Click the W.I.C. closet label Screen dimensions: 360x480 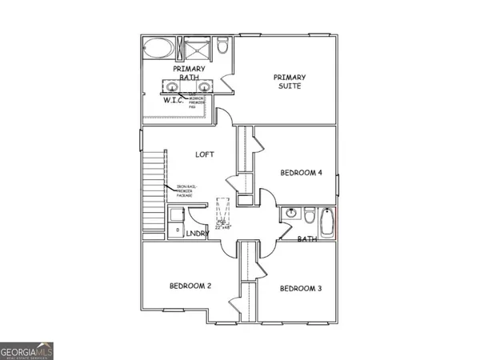(x=174, y=100)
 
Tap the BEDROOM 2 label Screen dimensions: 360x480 (x=190, y=286)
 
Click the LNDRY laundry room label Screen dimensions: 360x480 (x=197, y=233)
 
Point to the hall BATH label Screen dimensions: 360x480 (x=307, y=238)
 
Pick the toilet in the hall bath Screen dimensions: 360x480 (x=308, y=214)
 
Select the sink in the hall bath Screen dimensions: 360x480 (x=289, y=214)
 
